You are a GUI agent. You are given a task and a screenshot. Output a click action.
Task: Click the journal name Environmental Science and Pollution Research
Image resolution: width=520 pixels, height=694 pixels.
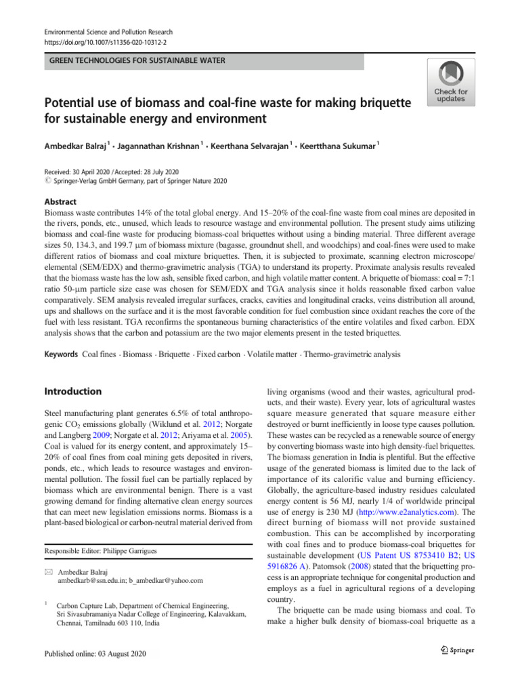108,32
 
